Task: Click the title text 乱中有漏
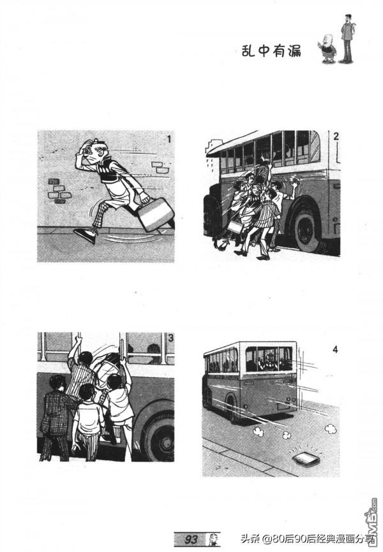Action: tap(271, 51)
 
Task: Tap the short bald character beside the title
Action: tap(328, 48)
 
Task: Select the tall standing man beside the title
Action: tap(347, 38)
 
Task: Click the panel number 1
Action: tap(169, 140)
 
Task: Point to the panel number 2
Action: tap(335, 136)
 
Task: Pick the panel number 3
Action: tap(170, 338)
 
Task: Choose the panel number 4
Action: tap(334, 349)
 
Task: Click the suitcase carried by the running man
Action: tap(156, 214)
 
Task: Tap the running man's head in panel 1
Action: tap(93, 150)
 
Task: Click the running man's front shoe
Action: tap(85, 235)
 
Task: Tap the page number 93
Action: tap(191, 539)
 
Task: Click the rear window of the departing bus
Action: tap(269, 359)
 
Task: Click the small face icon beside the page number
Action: tap(213, 539)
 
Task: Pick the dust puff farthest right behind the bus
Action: tap(331, 428)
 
